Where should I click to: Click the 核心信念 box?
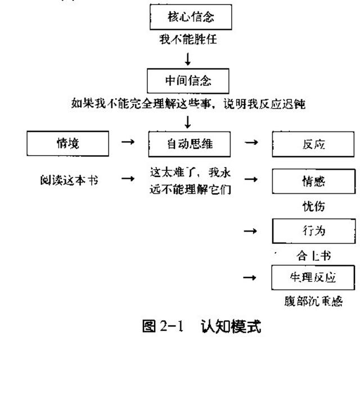[x=190, y=18]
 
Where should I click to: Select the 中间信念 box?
[x=188, y=81]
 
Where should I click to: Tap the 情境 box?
[x=67, y=143]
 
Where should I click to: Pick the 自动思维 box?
[x=189, y=144]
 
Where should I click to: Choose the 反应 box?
[x=314, y=144]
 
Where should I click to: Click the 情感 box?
[x=314, y=181]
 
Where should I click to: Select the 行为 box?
[x=314, y=231]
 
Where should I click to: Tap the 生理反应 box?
[x=314, y=278]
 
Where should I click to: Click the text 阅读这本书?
[x=66, y=180]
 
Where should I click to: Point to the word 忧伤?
[x=314, y=206]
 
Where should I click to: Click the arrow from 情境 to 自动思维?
[x=128, y=143]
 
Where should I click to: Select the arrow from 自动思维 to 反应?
[x=251, y=143]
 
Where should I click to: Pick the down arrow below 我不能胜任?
[x=188, y=59]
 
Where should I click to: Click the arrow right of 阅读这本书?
[x=128, y=179]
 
